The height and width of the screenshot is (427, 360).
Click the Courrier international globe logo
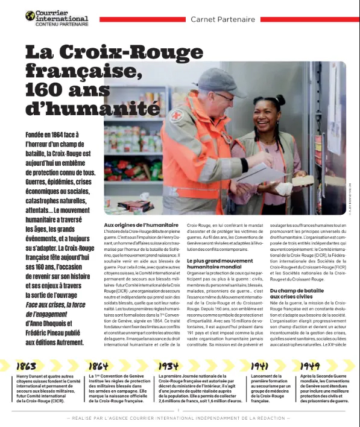coord(30,16)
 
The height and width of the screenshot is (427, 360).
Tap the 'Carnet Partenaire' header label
coord(223,19)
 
